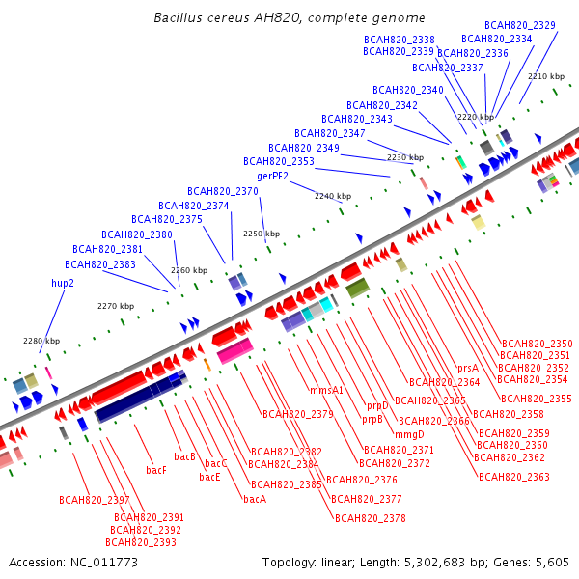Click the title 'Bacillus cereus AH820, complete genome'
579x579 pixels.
tap(289, 17)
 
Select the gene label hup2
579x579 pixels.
tap(63, 283)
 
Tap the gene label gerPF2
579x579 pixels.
tap(272, 177)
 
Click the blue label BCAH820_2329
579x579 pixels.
tap(520, 25)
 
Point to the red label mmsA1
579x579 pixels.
tap(326, 390)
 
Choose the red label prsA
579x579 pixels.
tap(468, 369)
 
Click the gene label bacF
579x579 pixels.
tap(156, 470)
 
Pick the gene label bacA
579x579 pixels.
tap(255, 499)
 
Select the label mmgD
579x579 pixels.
tap(409, 434)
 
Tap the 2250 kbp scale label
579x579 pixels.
tap(262, 234)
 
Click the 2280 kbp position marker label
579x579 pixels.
tap(41, 341)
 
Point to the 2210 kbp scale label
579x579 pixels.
tap(546, 76)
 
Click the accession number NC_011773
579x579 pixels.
tap(104, 563)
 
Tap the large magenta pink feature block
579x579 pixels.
tap(235, 350)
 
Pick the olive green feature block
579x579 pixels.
tap(358, 288)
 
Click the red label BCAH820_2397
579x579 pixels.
tap(95, 500)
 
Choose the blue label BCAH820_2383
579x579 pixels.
tap(100, 264)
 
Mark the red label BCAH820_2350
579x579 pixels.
tap(537, 344)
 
